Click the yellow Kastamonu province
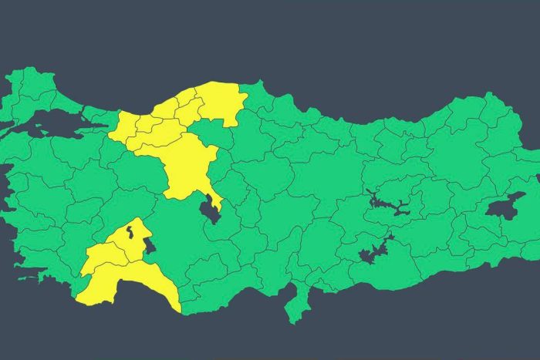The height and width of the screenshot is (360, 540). pos(220,100)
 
